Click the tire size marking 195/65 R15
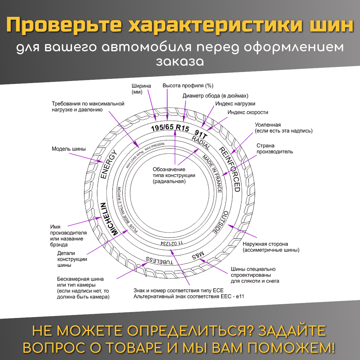click(x=170, y=128)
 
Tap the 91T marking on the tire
click(x=201, y=134)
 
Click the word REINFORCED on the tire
click(x=230, y=169)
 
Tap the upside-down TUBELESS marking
click(x=159, y=260)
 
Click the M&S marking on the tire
click(x=198, y=255)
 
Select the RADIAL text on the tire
click(x=201, y=143)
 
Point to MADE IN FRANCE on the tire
click(x=213, y=174)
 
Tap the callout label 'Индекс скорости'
click(x=248, y=112)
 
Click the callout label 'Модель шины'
click(x=69, y=149)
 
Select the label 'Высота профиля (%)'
click(x=188, y=86)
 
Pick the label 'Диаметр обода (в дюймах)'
click(x=215, y=96)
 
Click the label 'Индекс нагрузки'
click(x=235, y=104)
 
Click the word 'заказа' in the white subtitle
click(x=180, y=61)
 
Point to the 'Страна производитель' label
click(x=274, y=149)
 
